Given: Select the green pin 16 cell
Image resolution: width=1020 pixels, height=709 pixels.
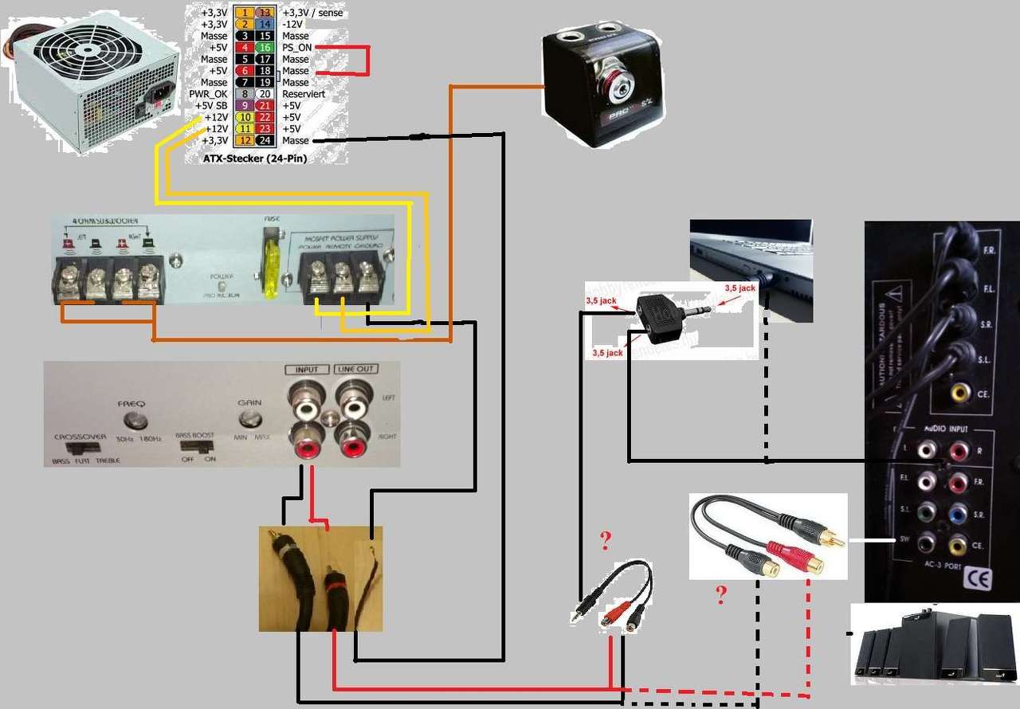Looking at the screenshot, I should (265, 48).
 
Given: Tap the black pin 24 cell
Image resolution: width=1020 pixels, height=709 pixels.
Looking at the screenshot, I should (265, 141).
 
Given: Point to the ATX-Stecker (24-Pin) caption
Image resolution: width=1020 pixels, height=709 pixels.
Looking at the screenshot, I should (256, 159).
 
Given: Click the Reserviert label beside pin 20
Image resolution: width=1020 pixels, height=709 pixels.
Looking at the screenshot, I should (304, 94).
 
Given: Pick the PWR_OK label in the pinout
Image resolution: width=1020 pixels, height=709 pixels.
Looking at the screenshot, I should (209, 94).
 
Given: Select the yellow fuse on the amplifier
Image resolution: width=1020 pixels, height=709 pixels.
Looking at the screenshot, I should (271, 267).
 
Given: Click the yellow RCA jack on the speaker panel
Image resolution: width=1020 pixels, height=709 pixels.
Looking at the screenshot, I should (961, 392).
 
